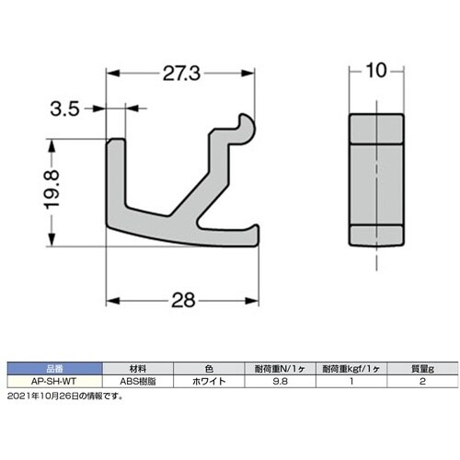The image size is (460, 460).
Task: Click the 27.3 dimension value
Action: [x=181, y=74]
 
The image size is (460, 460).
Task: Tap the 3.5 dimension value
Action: [x=64, y=109]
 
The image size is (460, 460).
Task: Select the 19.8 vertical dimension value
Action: [x=52, y=190]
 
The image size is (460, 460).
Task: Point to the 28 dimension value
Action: [x=183, y=300]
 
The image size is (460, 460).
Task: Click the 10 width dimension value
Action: [x=376, y=71]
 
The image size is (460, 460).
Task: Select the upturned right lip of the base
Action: [x=256, y=234]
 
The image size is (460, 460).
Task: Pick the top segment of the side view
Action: [x=376, y=129]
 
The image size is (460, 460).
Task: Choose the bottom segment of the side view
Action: [x=376, y=236]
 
